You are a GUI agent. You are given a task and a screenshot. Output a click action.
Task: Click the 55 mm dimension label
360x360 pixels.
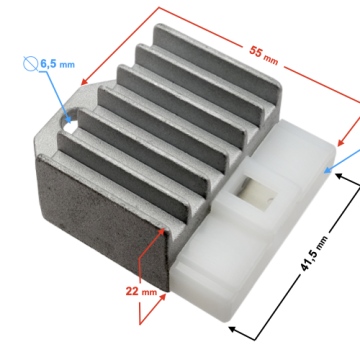point(263,54)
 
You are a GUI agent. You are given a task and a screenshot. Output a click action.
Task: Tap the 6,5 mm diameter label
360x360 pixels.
point(57,64)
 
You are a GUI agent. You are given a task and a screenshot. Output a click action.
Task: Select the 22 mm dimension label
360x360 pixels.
point(141,291)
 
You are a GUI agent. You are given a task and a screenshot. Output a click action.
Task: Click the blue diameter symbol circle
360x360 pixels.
point(30,64)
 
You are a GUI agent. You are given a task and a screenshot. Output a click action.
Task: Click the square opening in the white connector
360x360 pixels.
point(258,194)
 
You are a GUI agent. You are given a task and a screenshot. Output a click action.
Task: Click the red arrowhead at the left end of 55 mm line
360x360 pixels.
point(85,82)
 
